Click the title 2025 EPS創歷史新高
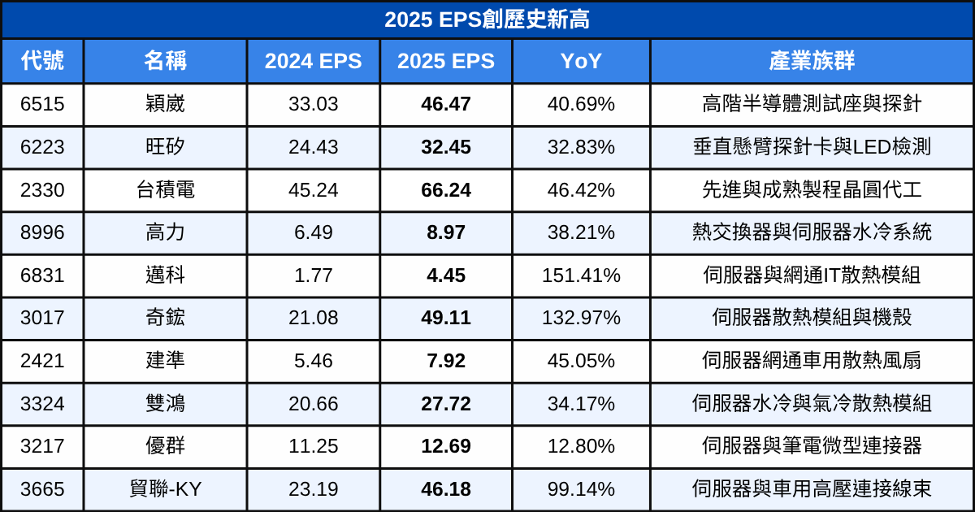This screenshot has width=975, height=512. coord(487,20)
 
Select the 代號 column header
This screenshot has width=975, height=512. coord(42,61)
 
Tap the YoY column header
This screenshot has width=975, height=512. coord(581,61)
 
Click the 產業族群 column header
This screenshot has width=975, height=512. coord(812,61)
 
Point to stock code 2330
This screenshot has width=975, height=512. coord(42,190)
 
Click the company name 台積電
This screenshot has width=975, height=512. coord(166,190)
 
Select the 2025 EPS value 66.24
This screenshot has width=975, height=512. coord(446,190)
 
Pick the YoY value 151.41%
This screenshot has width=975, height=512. coord(581,276)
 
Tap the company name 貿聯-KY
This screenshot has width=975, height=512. coord(166,489)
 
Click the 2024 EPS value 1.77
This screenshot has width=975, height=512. coord(313,276)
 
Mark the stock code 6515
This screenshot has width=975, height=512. coord(42,104)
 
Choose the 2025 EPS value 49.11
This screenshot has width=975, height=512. coord(446,318)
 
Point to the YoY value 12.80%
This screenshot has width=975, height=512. coord(581,446)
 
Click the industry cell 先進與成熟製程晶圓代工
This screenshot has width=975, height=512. coord(812,190)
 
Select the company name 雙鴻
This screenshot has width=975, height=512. coord(166,403)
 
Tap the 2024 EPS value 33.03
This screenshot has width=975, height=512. coord(313,104)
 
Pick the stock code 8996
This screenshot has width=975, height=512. coord(42,232)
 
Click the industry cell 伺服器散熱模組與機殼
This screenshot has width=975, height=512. coord(812,318)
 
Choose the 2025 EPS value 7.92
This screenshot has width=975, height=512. coord(446,361)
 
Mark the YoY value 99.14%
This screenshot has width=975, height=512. coord(581,489)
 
